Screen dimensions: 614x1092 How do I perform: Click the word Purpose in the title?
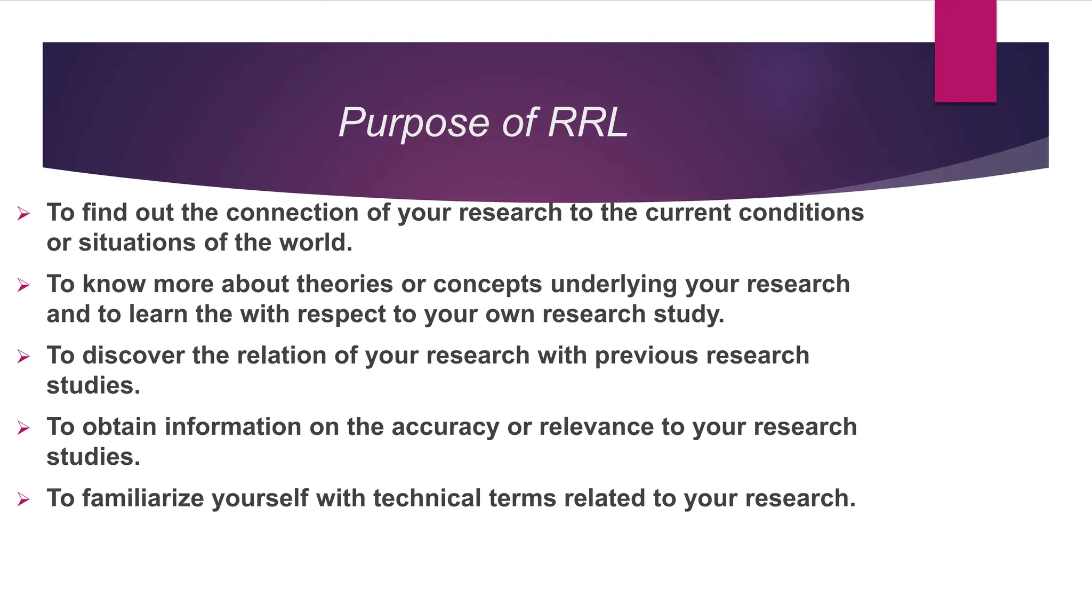[x=414, y=123]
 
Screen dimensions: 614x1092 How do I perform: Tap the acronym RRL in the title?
[x=588, y=123]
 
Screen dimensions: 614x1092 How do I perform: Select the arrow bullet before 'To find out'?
[x=23, y=214]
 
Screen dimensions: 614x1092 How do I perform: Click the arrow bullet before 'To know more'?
[x=23, y=286]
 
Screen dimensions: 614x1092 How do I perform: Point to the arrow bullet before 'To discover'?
[x=23, y=357]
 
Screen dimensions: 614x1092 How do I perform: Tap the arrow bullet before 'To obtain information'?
[x=23, y=428]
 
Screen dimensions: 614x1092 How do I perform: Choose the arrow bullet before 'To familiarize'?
[x=23, y=499]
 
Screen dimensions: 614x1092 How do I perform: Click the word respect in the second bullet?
[x=341, y=314]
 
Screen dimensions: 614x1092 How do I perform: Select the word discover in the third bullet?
[x=133, y=356]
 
